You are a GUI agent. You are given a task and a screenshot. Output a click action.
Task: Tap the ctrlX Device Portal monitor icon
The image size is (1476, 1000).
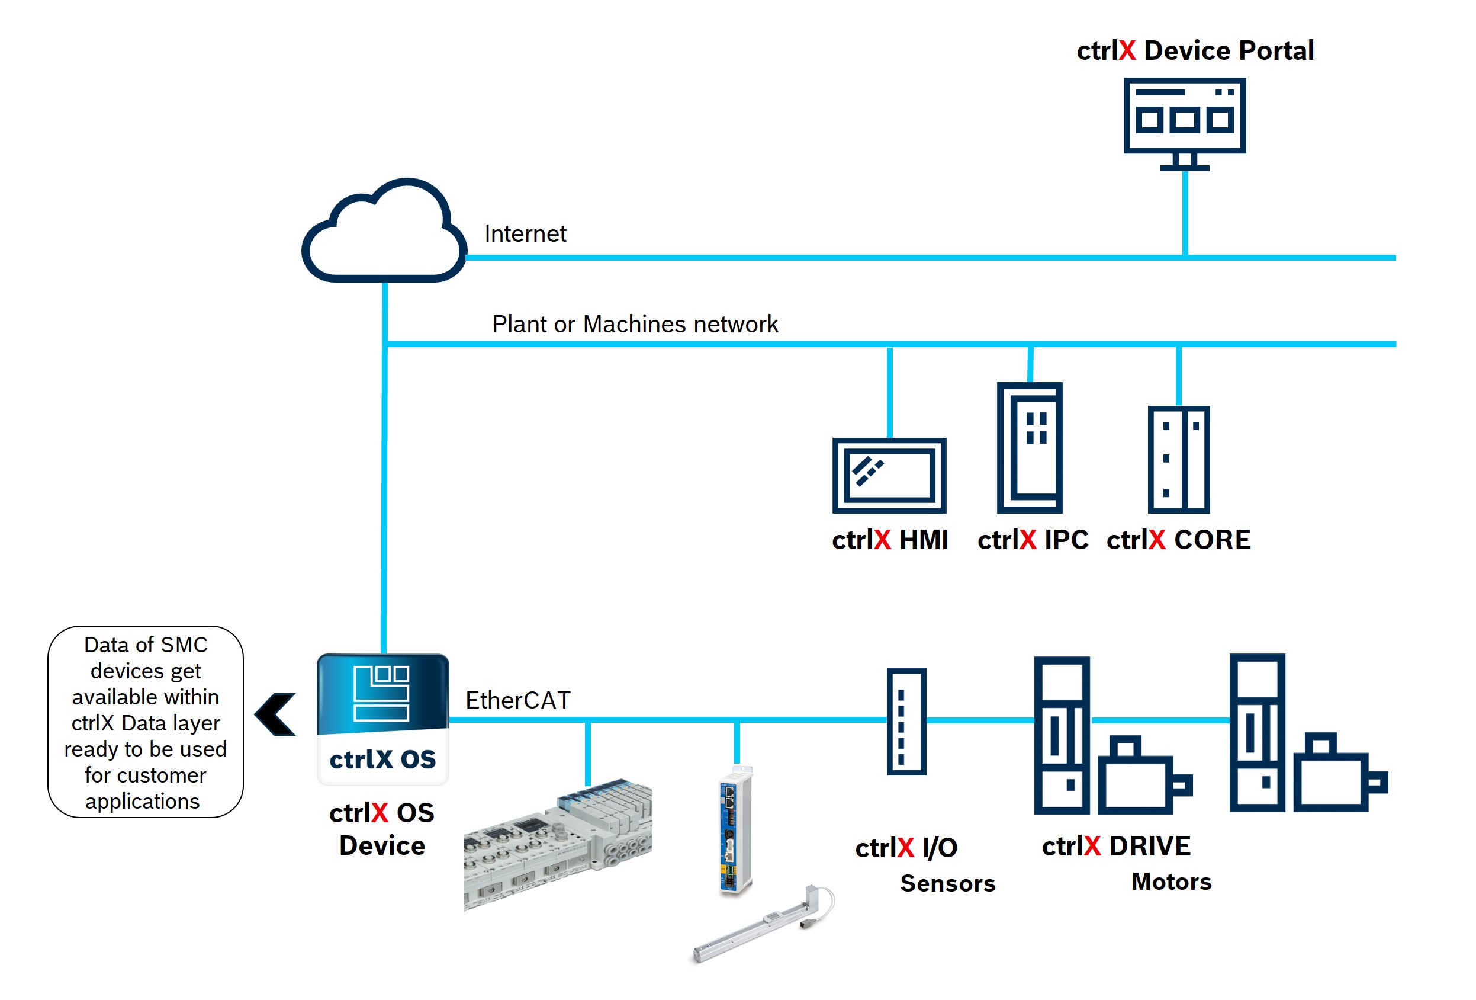click(x=1184, y=121)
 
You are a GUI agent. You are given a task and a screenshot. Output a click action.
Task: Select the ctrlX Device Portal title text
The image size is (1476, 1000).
click(x=1195, y=51)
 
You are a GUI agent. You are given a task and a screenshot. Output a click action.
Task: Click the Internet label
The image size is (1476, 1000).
click(x=525, y=234)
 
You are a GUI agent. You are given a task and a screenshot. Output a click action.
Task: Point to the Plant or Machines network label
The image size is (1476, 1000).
click(x=635, y=324)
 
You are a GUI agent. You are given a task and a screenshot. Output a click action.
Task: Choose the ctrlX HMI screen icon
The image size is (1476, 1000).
click(x=889, y=475)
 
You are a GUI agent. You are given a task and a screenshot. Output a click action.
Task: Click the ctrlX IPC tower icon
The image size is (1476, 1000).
click(x=1029, y=447)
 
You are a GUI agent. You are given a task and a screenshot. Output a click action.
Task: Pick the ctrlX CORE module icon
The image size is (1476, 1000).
click(x=1178, y=459)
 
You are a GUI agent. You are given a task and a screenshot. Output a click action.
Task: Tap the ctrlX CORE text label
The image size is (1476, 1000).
click(x=1178, y=540)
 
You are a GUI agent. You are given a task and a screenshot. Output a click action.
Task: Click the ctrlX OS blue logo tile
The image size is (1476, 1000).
click(x=383, y=718)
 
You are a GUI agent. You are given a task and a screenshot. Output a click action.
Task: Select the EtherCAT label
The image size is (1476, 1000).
click(x=517, y=700)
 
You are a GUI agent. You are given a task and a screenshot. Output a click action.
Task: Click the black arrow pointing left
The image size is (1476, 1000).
click(x=276, y=714)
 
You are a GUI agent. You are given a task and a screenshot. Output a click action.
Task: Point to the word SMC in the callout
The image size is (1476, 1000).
click(x=184, y=645)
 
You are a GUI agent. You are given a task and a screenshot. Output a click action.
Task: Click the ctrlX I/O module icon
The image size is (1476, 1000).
click(x=906, y=721)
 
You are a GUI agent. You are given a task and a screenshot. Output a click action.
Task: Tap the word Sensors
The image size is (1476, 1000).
click(x=947, y=883)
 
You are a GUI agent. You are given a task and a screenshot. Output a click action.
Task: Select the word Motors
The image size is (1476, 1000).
click(x=1171, y=881)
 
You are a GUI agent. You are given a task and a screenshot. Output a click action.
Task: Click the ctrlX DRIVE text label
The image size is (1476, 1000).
click(x=1116, y=845)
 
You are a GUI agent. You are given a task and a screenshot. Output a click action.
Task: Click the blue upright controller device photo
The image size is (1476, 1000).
click(x=735, y=829)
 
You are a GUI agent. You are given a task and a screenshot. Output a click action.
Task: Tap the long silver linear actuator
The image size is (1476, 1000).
click(x=762, y=924)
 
